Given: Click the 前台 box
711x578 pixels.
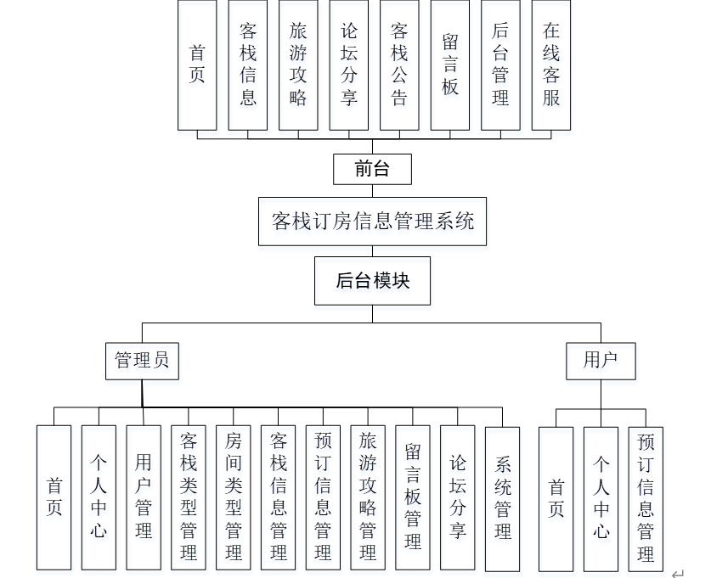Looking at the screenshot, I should coord(372,169).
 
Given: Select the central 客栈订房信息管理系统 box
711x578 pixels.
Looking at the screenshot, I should coord(372,222).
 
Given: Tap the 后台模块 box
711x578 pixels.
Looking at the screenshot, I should coord(372,281).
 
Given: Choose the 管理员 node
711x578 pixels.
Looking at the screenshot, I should coord(142,360).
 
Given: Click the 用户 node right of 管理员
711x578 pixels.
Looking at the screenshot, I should coord(601,360).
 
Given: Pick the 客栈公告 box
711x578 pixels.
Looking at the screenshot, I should coord(399,65).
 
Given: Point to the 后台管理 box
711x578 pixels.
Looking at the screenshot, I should coord(500,65).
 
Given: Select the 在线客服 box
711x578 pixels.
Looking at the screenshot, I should coord(551,65).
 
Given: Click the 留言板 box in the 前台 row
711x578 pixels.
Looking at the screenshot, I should coord(450,65).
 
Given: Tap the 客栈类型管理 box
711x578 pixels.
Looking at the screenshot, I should coord(189,497).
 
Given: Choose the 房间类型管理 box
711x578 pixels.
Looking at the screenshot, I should coord(234,497).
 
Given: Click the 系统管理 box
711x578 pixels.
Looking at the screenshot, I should coord(502,497).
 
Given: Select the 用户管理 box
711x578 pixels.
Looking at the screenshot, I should coord(144,497).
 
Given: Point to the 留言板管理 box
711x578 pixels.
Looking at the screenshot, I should coord(413,497).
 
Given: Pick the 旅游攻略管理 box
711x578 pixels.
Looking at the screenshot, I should coord(368,497).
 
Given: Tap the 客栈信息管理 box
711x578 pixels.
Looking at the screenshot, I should coord(279,497).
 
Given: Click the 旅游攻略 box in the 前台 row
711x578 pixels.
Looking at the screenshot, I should coord(298,65).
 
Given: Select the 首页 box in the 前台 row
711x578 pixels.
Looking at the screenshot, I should coord(197,65).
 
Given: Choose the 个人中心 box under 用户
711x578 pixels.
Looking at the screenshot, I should coord(601,498).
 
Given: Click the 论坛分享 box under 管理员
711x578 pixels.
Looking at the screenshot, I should coord(458,497).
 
